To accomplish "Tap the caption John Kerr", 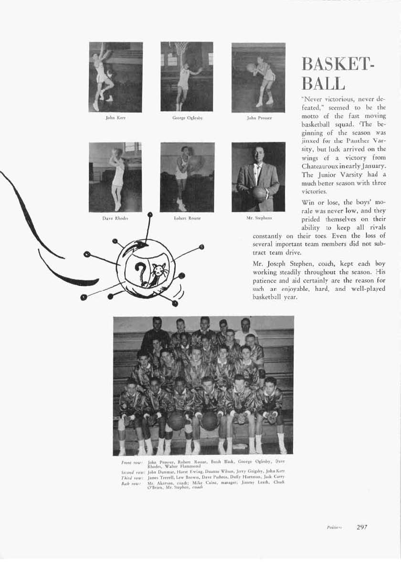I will pyautogui.click(x=115, y=118).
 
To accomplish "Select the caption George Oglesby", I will pyautogui.click(x=187, y=118).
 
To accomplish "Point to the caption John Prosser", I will pyautogui.click(x=258, y=118).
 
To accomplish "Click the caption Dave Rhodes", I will pyautogui.click(x=115, y=218).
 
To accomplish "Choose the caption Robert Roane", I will pyautogui.click(x=187, y=218).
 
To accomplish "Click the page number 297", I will pyautogui.click(x=362, y=527).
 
